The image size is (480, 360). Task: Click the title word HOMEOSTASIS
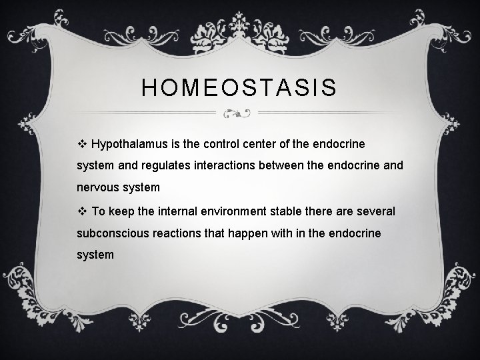pos(239,87)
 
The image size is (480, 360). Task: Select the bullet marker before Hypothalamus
pos(83,143)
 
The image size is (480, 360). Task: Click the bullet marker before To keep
pos(83,211)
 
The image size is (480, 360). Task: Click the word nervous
pos(100,187)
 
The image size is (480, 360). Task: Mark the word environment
pos(231,211)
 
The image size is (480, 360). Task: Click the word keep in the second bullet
pos(119,211)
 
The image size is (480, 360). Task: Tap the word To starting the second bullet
pos(98,211)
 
